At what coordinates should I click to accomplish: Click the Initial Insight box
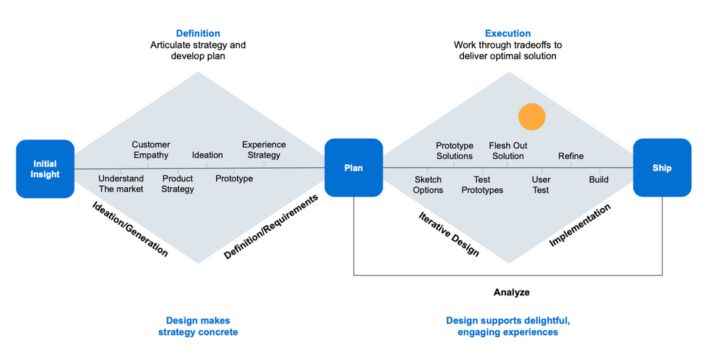(x=45, y=169)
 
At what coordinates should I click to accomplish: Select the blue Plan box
(x=353, y=168)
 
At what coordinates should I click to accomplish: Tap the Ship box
(x=662, y=168)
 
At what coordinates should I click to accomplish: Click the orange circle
(x=532, y=117)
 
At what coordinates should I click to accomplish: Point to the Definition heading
(x=198, y=33)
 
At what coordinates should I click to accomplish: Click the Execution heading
(x=508, y=33)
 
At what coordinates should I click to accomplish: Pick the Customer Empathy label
(x=151, y=150)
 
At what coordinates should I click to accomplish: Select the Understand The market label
(x=121, y=184)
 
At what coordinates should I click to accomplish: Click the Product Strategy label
(x=178, y=184)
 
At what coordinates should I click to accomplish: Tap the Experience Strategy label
(x=264, y=150)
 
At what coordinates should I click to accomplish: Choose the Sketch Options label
(x=428, y=185)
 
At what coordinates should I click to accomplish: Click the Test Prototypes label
(x=482, y=185)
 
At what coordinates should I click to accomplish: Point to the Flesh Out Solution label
(x=508, y=151)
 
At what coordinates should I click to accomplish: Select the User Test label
(x=541, y=185)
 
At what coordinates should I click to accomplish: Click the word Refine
(x=571, y=156)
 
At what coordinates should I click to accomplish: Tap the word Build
(x=599, y=179)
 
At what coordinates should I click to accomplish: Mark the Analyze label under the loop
(x=511, y=292)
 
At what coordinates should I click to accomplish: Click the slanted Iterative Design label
(x=449, y=234)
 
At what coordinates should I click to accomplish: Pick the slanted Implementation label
(x=579, y=225)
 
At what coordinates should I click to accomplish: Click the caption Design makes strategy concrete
(x=198, y=326)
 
